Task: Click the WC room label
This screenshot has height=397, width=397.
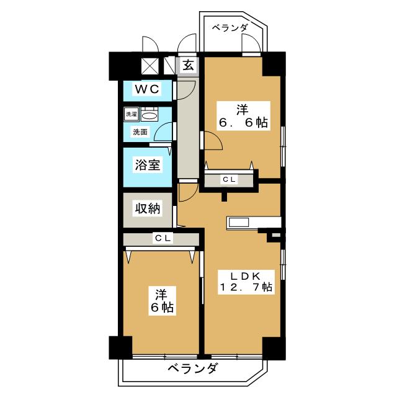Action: pos(147,89)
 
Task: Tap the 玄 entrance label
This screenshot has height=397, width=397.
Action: pos(189,65)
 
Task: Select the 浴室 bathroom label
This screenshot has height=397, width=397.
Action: pos(148,165)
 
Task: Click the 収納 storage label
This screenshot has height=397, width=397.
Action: pos(148,209)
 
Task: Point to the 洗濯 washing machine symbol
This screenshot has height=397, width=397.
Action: pos(132,114)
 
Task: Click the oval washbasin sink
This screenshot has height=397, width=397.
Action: pos(149,116)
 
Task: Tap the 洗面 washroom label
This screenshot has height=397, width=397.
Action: pos(140,132)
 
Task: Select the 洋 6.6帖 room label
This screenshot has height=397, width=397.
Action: pos(243,116)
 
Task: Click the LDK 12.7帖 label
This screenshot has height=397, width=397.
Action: pos(245,282)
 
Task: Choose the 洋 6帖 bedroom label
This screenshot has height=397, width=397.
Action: pos(162,301)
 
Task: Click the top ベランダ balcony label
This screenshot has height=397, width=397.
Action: pos(230,27)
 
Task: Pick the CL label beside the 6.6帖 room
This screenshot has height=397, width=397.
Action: pos(229,179)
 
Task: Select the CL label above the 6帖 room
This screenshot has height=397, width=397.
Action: pos(163,238)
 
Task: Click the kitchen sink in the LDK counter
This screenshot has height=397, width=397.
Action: pos(239,223)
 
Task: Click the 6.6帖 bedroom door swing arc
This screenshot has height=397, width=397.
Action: pos(218,139)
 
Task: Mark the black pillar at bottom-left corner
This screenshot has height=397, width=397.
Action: pos(120,347)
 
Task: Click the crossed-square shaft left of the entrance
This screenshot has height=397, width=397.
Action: pos(149,66)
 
